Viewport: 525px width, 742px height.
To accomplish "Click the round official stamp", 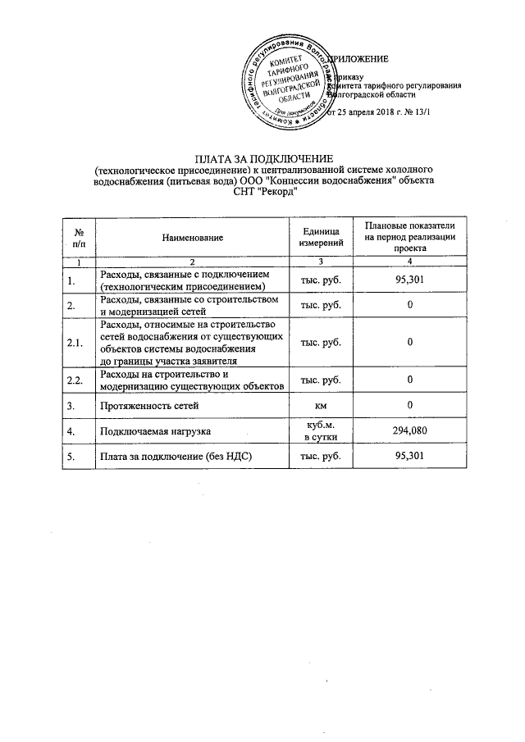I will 290,85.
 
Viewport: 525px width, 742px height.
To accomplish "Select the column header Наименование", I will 193,238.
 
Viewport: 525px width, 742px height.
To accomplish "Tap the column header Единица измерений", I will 321,238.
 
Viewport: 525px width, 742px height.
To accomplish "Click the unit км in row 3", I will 321,405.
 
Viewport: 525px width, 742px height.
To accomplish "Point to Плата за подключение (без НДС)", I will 174,457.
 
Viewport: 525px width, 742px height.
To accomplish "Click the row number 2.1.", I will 76,343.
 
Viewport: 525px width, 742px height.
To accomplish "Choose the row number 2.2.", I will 76,380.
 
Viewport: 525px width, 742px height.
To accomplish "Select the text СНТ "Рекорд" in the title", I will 261,192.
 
